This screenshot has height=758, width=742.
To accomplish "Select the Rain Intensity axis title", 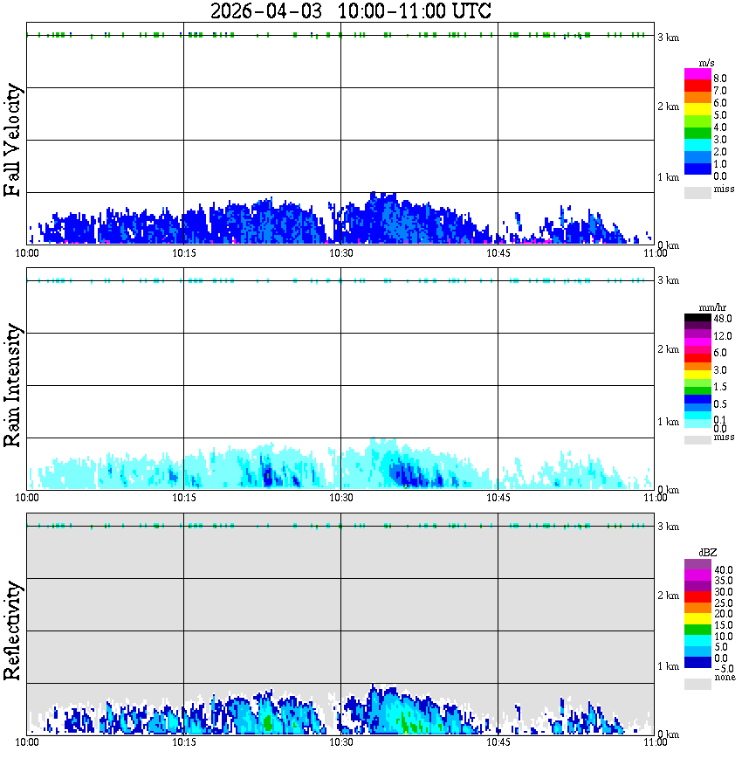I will [12, 385].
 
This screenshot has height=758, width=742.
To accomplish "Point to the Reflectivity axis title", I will [12, 631].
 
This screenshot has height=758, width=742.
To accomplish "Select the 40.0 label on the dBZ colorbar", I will [721, 569].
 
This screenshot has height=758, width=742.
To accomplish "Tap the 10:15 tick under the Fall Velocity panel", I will [183, 252].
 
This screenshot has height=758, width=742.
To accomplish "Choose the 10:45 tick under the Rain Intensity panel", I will [498, 497].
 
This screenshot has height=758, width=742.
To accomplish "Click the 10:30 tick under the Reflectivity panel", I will [340, 742].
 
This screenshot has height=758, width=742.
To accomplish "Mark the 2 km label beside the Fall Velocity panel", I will [668, 107].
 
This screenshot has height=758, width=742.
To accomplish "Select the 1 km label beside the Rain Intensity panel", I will [668, 422].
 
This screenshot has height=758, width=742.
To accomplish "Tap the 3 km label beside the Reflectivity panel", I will [668, 527].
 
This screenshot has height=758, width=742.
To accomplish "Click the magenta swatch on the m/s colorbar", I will [697, 73].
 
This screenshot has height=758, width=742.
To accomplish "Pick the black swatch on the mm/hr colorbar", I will [697, 318].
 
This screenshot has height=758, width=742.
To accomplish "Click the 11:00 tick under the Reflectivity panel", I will [655, 742].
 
